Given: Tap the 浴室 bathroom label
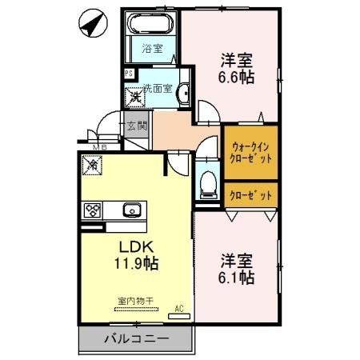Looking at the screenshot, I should point(153,48).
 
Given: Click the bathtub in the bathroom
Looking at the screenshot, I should point(152,26).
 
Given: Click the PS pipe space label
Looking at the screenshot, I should point(127,74).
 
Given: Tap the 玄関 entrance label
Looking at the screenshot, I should point(136,126).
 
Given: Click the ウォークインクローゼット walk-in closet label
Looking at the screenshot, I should point(251,152).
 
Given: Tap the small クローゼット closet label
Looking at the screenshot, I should point(250,194).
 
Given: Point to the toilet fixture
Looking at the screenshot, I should point(207,183).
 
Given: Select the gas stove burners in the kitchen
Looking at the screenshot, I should point(93,210).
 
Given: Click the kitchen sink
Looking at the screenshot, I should point(131,210).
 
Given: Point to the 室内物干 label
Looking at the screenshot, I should point(134,301).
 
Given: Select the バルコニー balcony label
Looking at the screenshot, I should point(136,338).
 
